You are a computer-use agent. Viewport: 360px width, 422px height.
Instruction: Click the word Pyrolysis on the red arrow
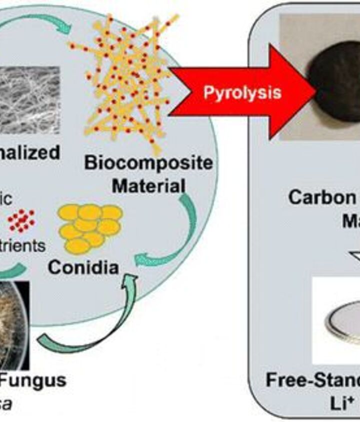coord(242,93)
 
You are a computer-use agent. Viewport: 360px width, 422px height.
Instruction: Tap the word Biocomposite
coord(148,163)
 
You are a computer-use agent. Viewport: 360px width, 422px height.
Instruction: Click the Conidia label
coord(83,267)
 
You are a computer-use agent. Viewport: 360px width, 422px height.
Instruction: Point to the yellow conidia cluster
coord(90,227)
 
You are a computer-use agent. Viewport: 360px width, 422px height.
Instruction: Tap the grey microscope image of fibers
coord(29,100)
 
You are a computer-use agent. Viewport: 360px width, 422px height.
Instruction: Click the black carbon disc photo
coord(335,85)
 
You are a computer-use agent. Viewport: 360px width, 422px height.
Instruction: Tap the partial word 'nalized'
coord(30,152)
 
